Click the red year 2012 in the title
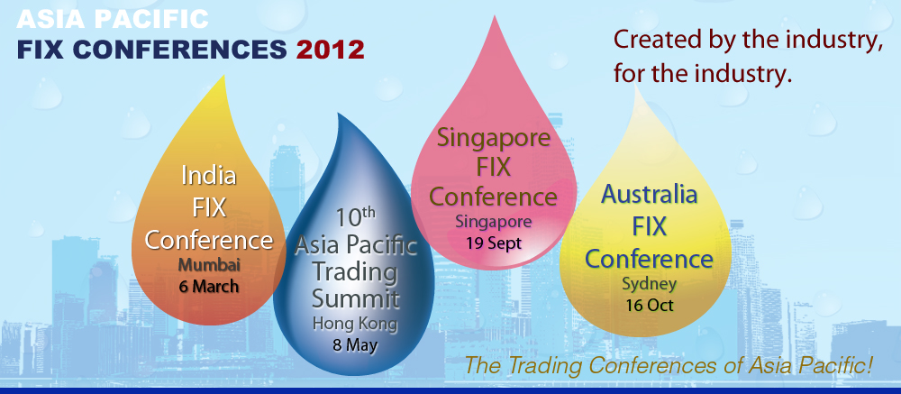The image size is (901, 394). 331,50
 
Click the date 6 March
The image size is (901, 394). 209,286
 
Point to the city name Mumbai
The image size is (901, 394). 209,265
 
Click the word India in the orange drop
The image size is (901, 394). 209,176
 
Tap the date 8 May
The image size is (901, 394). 354,345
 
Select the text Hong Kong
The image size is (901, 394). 354,324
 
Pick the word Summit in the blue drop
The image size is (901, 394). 355,298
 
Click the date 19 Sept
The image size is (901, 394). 494,243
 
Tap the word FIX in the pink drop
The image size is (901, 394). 494,168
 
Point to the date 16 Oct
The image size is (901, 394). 650,304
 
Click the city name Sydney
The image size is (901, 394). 650,284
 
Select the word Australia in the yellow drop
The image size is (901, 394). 650,195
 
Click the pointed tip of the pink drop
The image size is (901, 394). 494,16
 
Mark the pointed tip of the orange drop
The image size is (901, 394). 223,75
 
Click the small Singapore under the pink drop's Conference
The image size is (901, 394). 494,221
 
